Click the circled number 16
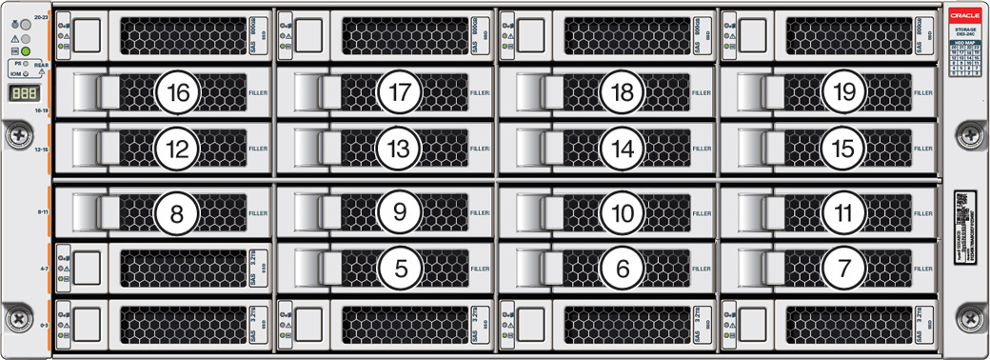click(x=178, y=92)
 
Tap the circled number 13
click(x=399, y=148)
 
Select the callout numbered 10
click(x=622, y=213)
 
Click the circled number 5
click(x=399, y=269)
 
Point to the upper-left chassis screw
click(x=18, y=136)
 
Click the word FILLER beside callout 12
click(x=258, y=149)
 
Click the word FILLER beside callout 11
click(x=923, y=214)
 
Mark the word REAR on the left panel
click(x=41, y=66)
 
